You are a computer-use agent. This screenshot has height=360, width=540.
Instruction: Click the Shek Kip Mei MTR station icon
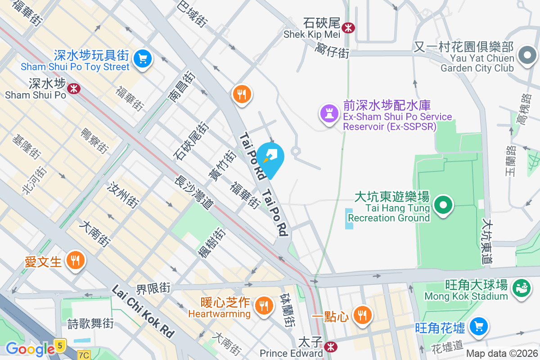348,28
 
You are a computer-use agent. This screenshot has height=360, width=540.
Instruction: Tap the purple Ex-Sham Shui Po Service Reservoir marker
328,112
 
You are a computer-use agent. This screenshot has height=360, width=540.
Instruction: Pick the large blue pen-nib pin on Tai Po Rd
271,158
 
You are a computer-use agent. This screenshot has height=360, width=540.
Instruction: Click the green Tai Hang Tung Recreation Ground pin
443,206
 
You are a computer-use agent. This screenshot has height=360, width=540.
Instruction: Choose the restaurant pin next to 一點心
361,315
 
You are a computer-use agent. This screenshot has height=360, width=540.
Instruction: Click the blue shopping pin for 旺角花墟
478,326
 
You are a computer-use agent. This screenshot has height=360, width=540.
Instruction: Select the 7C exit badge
83,355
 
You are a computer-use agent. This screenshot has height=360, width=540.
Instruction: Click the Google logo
30,349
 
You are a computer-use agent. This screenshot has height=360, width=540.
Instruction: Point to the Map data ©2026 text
502,354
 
